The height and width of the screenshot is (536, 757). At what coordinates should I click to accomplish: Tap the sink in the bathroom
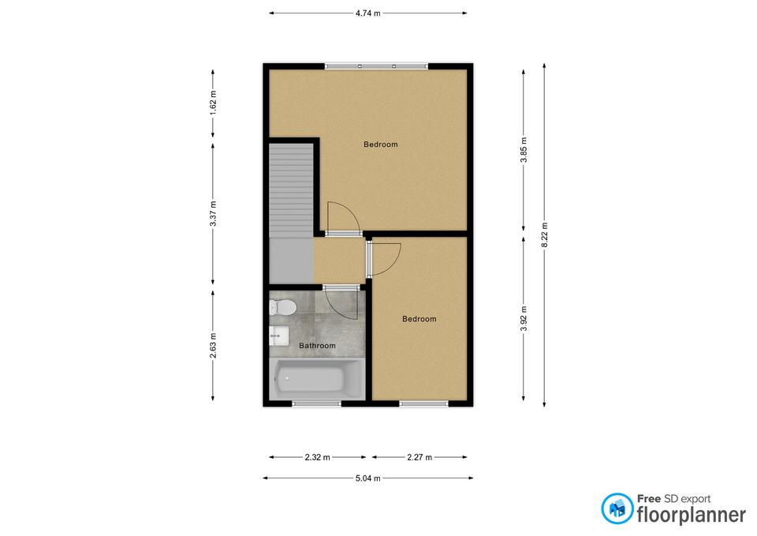coord(278,335)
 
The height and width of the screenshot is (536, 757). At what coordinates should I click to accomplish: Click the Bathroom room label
coord(317,346)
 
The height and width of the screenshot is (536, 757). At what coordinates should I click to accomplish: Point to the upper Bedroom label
coord(380,144)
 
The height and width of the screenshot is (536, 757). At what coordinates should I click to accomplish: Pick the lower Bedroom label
coord(419,319)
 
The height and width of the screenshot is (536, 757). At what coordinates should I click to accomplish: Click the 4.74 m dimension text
coord(368,13)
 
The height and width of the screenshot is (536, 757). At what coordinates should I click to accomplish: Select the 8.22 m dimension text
coord(545,235)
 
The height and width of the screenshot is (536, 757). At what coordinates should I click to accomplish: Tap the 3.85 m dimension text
coord(524,150)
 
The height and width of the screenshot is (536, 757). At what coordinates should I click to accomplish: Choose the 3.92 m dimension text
coord(524,319)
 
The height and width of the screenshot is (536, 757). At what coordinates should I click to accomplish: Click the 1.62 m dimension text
coord(213,103)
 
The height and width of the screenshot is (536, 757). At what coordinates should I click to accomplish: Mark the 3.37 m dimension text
coord(213,214)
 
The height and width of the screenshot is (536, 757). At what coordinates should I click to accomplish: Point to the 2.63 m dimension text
coord(213,346)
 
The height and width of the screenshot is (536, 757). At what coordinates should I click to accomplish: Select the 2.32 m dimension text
coord(317,457)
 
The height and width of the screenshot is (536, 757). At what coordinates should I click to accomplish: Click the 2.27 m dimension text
coord(419,457)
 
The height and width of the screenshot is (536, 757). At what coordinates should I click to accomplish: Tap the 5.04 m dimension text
coord(368,478)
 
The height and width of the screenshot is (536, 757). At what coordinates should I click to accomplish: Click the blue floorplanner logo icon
coord(617,508)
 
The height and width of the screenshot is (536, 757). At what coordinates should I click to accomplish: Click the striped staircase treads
coord(291,190)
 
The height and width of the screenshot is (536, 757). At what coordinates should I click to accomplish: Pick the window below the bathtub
coord(317,403)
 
